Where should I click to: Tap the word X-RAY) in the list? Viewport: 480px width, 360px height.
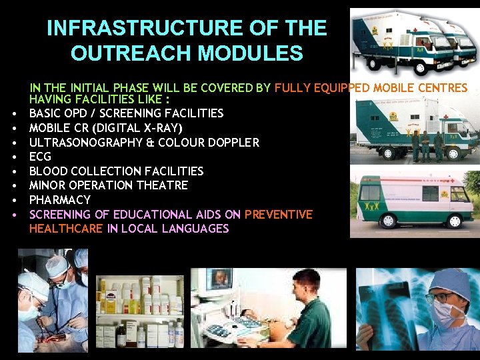point(164,127)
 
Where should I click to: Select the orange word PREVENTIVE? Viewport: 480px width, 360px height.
point(278,215)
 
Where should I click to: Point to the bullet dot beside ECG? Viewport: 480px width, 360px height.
point(13,157)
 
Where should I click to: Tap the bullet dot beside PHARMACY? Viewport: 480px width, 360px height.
point(13,201)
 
